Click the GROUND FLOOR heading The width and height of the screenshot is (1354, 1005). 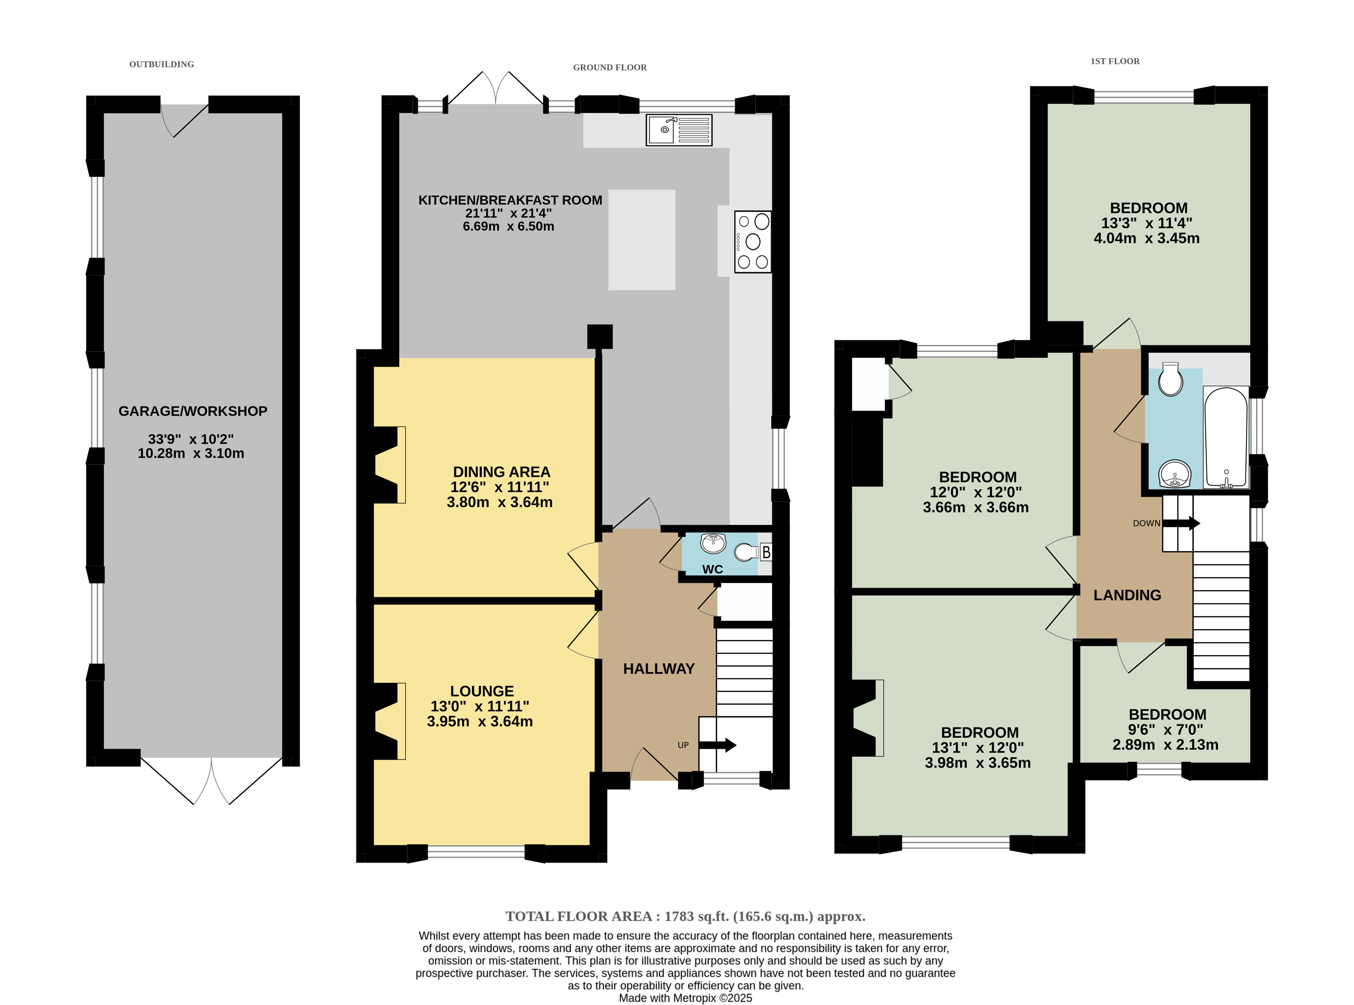610,67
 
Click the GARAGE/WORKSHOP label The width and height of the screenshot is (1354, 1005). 193,411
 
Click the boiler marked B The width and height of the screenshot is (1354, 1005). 765,552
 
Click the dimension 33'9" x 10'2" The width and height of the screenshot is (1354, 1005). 191,439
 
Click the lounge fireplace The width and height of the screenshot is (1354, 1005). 389,721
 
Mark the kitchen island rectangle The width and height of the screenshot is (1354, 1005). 641,240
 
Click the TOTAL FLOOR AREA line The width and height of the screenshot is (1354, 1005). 685,916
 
